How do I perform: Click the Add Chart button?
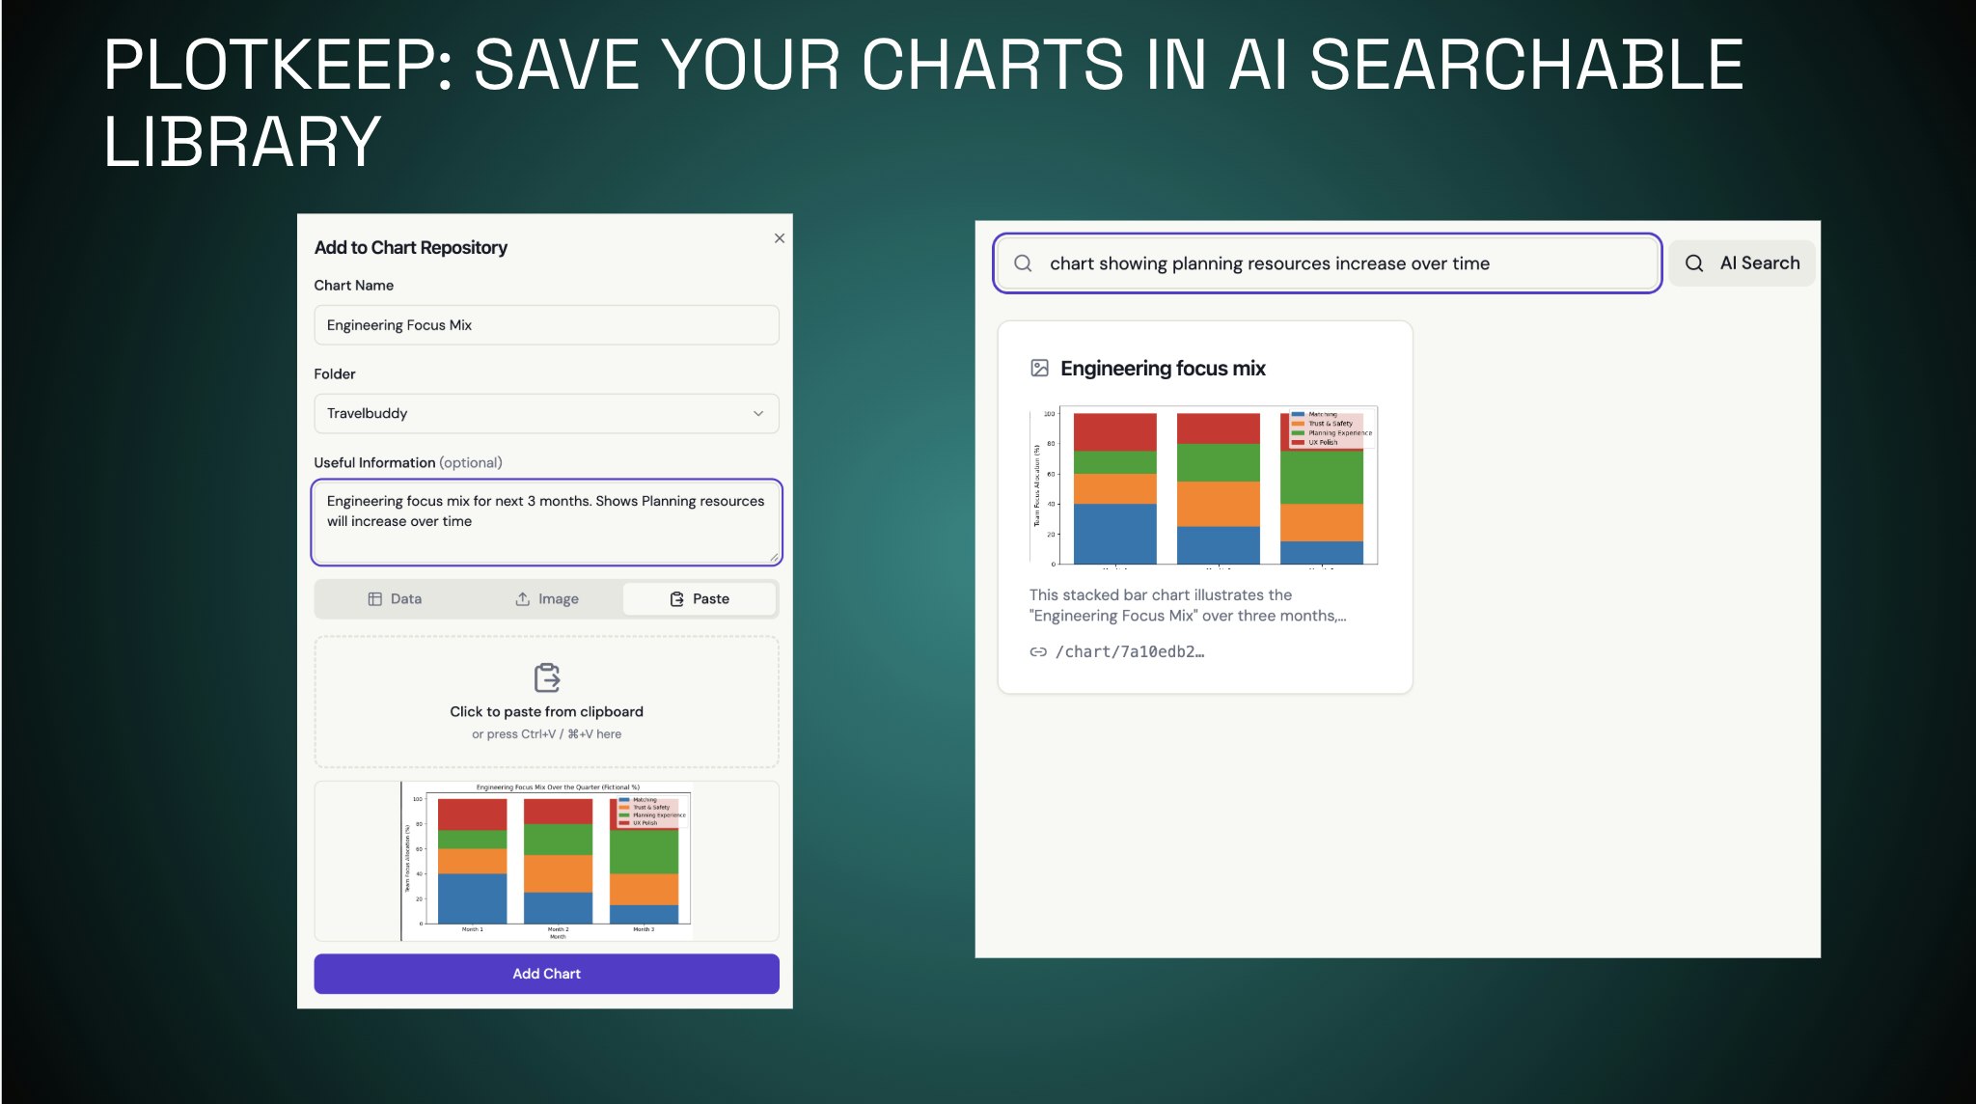pos(546,974)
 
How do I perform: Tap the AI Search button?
pos(1743,263)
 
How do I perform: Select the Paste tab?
pos(700,599)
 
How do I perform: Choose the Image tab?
pos(546,599)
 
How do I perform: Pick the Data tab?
pos(395,599)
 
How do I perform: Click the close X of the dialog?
pos(780,238)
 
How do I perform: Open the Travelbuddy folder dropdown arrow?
pos(758,414)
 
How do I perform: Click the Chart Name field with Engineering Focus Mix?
pos(546,325)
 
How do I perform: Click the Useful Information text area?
pos(546,521)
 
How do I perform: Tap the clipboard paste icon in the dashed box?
pos(546,677)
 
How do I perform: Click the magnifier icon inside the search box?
pos(1023,263)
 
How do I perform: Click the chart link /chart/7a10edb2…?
pos(1129,652)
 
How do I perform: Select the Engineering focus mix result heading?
pos(1163,369)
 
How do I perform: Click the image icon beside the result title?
pos(1039,368)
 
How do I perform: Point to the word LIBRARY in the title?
pos(242,142)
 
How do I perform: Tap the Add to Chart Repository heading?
pos(411,248)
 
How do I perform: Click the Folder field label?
pos(335,374)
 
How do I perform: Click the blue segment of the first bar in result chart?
pos(1114,533)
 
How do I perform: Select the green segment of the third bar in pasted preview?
pos(644,851)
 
